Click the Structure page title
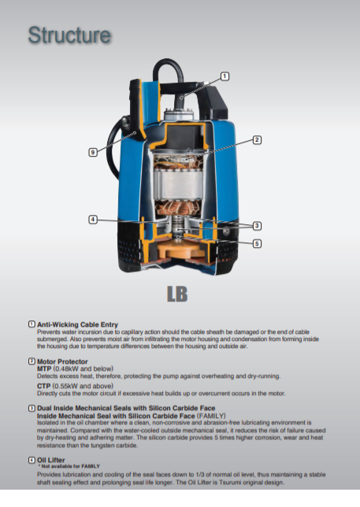click(69, 35)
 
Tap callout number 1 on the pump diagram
click(225, 76)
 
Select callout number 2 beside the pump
click(257, 140)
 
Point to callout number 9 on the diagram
click(93, 152)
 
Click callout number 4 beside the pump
click(93, 220)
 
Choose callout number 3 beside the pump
click(257, 225)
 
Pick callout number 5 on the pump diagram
click(257, 243)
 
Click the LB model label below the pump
click(177, 294)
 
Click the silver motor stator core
click(179, 185)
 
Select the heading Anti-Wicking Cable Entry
click(77, 324)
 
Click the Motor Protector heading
click(62, 361)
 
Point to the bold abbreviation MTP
click(44, 369)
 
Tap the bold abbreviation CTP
click(43, 386)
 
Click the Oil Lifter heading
click(50, 460)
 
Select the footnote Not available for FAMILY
click(69, 466)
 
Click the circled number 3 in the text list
click(32, 408)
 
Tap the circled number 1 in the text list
click(32, 324)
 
